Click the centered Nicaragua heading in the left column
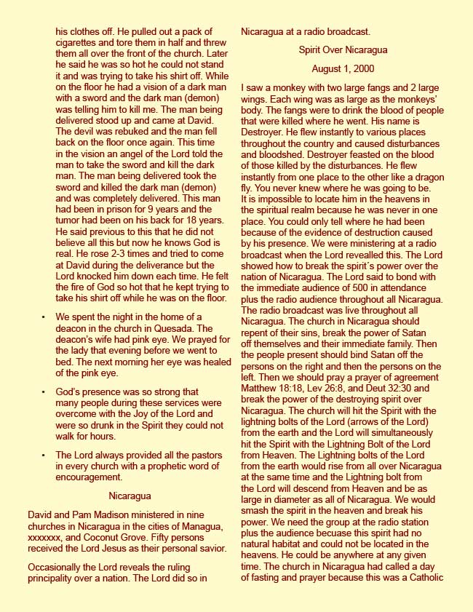pos(130,496)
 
